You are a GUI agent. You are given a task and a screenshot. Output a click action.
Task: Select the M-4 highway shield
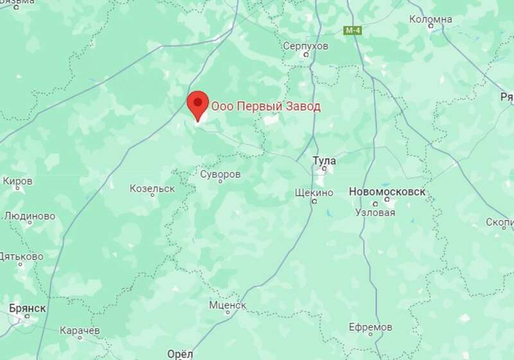pyautogui.click(x=353, y=30)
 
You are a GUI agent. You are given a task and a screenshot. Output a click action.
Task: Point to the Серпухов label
pyautogui.click(x=306, y=46)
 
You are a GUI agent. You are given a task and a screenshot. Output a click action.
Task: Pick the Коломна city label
pyautogui.click(x=430, y=19)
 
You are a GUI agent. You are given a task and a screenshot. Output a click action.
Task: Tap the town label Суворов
pyautogui.click(x=220, y=174)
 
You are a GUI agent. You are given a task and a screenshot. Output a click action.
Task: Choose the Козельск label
pyautogui.click(x=152, y=188)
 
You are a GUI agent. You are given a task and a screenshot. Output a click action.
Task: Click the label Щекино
pyautogui.click(x=314, y=192)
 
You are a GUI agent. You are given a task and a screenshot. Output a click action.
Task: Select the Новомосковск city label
pyautogui.click(x=387, y=192)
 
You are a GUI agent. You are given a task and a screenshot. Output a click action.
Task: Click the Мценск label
pyautogui.click(x=227, y=305)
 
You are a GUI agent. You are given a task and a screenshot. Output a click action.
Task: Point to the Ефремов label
pyautogui.click(x=370, y=327)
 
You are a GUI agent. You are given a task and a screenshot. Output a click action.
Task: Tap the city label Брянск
pyautogui.click(x=28, y=308)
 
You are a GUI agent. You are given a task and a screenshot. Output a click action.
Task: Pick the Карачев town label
pyautogui.click(x=79, y=330)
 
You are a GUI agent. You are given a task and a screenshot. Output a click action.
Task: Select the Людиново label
pyautogui.click(x=30, y=216)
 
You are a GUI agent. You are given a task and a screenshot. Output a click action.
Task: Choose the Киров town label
pyautogui.click(x=17, y=181)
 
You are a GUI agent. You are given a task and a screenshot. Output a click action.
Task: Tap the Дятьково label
pyautogui.click(x=22, y=256)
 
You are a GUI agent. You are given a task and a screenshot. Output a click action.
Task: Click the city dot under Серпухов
pyautogui.click(x=306, y=55)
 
